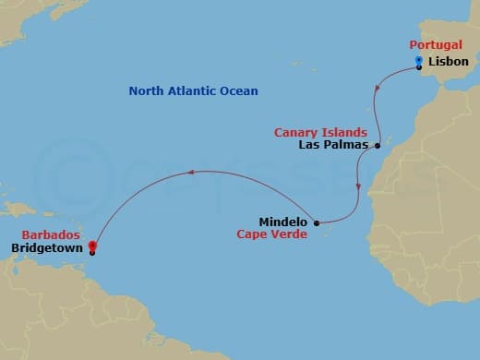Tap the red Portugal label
point(437,44)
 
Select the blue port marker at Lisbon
point(418,62)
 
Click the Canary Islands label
point(320,133)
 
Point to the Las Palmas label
point(333,146)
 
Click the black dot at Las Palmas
point(378,146)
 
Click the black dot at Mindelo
point(317,222)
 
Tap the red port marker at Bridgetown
point(92,246)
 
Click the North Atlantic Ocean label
point(193,90)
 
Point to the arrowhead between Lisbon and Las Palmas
point(378,88)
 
